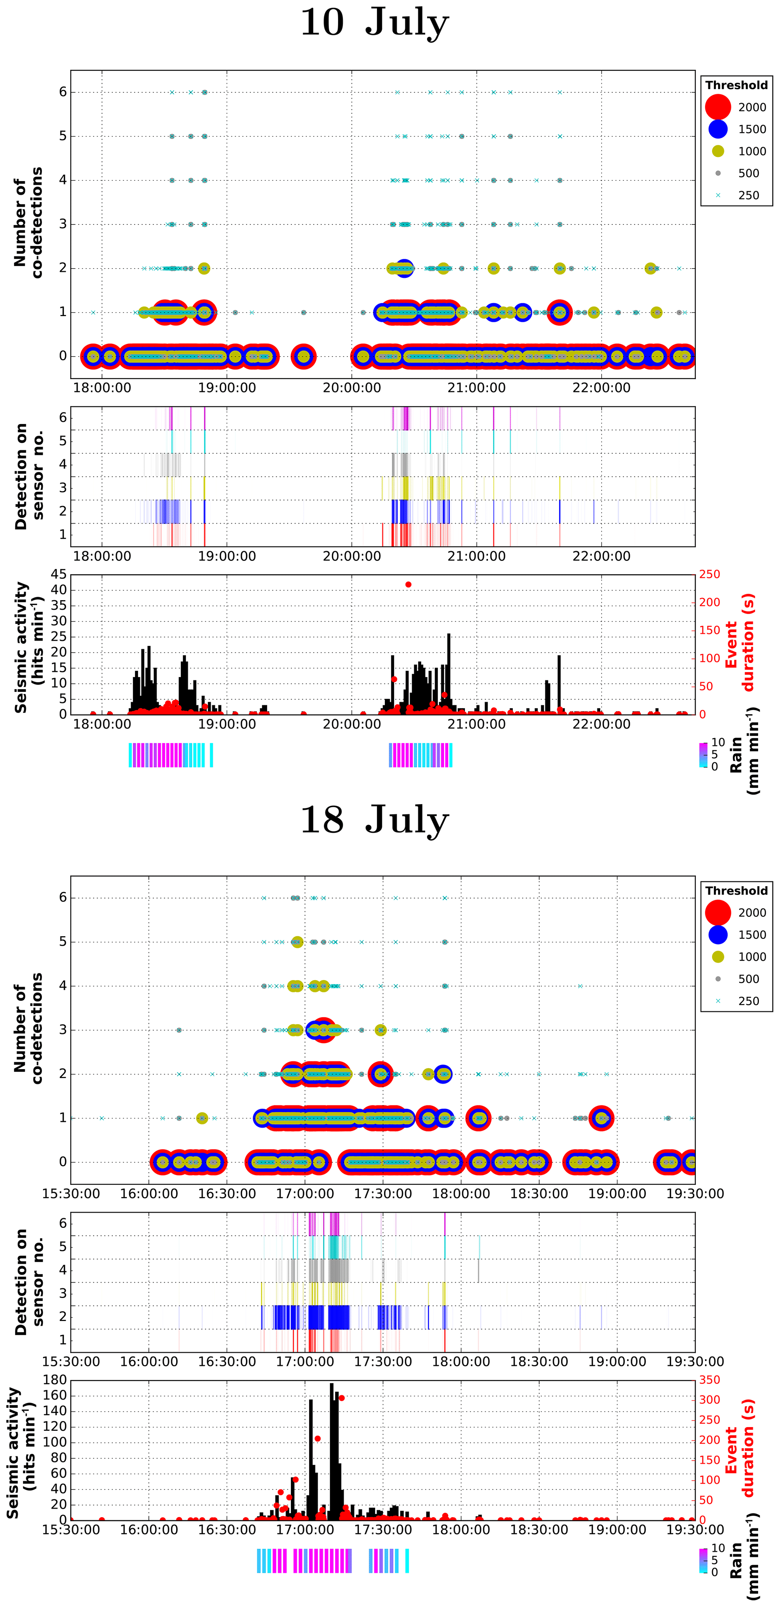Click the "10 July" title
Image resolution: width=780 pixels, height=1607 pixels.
click(374, 23)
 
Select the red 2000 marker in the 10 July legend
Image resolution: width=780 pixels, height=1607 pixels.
click(718, 107)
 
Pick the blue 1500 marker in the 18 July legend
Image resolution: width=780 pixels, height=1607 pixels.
click(718, 934)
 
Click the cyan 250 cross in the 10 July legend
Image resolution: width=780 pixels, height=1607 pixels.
click(718, 195)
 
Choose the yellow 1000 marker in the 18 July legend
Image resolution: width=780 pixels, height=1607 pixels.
click(718, 956)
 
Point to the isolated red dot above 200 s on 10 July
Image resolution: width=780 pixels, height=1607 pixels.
click(408, 585)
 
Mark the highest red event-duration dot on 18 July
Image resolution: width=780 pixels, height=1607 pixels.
click(342, 1398)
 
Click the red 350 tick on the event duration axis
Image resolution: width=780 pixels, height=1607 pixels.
click(709, 1380)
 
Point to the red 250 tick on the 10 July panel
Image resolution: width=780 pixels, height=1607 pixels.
click(709, 574)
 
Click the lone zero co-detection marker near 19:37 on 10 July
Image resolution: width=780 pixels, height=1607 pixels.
click(303, 356)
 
